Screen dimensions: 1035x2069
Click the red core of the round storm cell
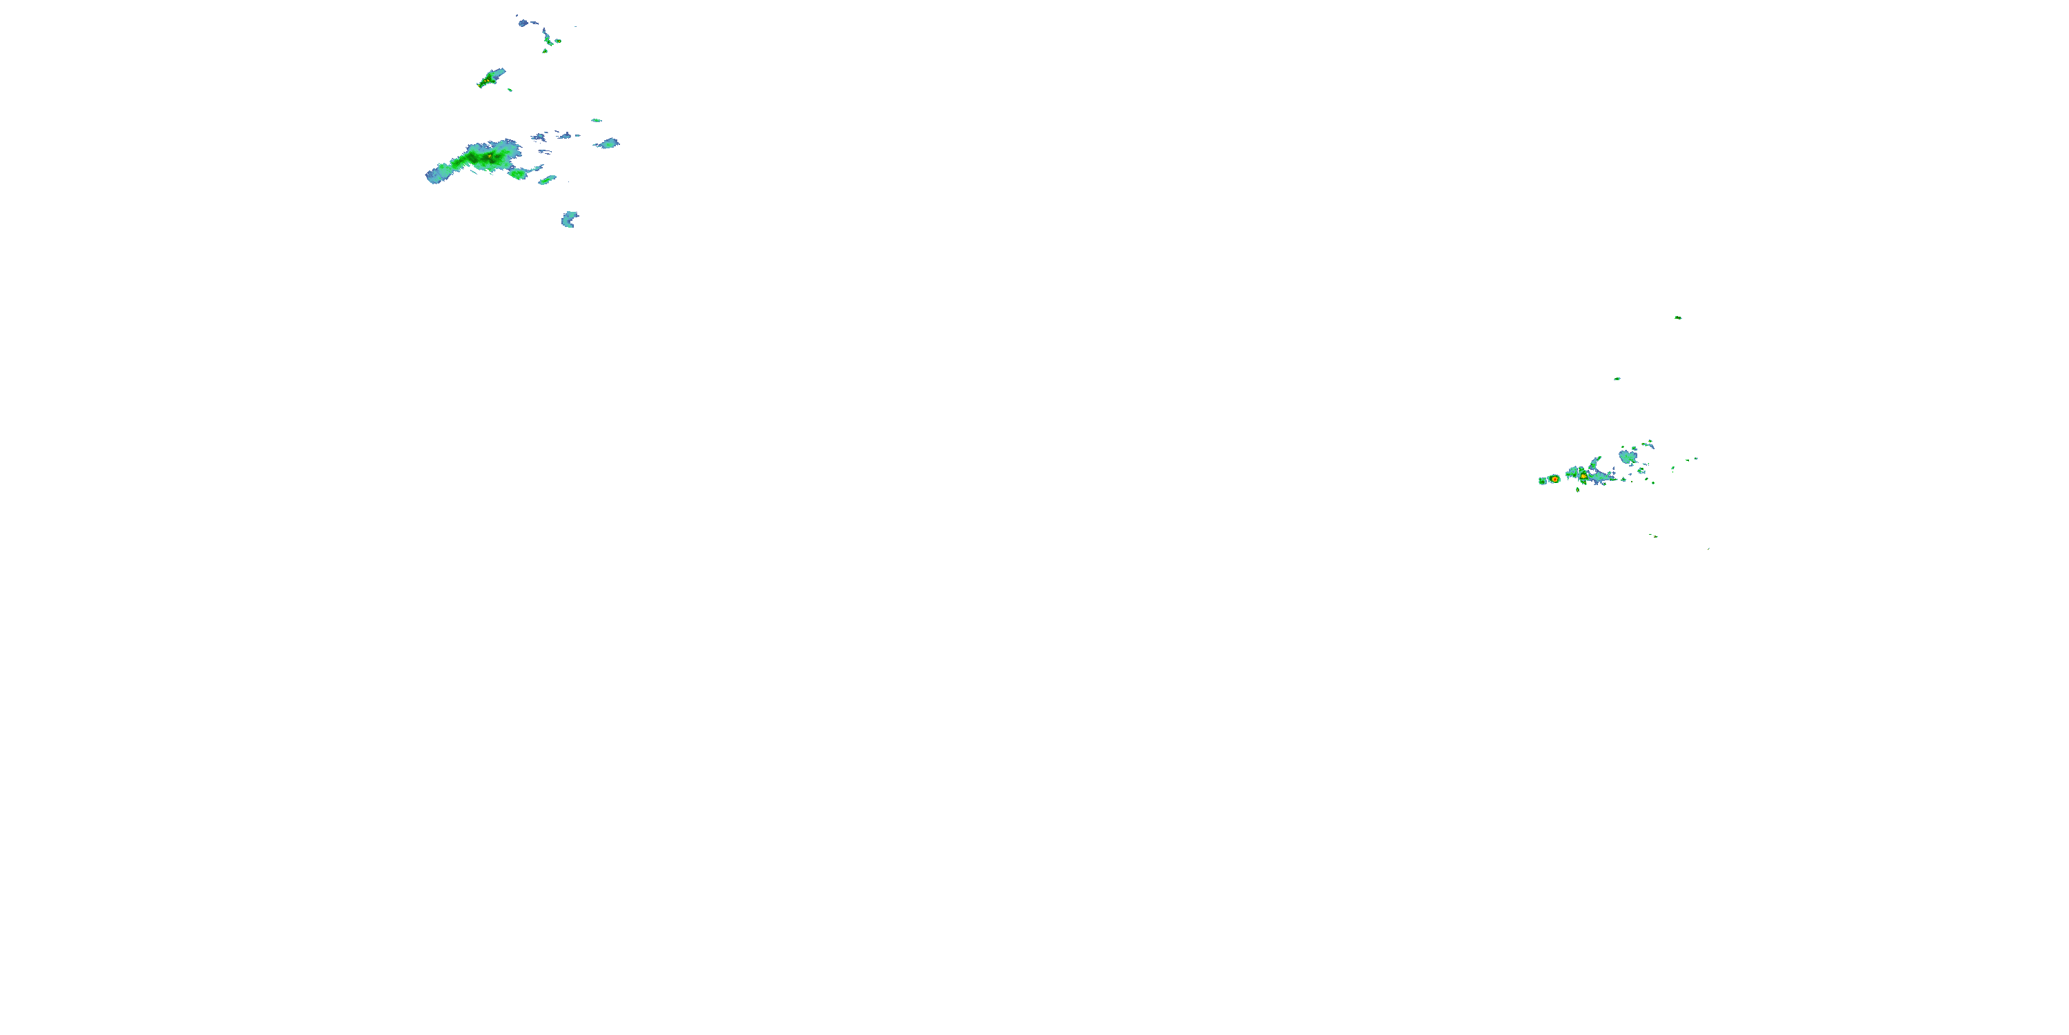point(1554,479)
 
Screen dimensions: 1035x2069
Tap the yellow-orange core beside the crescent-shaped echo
point(1582,475)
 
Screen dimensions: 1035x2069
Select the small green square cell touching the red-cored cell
point(1543,480)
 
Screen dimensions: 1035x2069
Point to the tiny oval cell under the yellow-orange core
point(1577,489)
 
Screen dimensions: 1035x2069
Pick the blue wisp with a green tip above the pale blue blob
point(1648,443)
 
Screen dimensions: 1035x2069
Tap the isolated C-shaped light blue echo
point(569,219)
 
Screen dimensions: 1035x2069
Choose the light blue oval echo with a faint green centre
point(608,144)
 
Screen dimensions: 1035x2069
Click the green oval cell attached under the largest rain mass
point(517,174)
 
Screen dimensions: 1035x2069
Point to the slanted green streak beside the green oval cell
point(547,180)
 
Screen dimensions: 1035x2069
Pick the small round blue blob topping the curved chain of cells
point(523,23)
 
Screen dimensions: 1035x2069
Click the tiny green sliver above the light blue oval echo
point(596,121)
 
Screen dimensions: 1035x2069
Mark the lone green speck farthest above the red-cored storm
point(1678,317)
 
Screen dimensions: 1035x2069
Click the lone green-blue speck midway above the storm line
point(1617,379)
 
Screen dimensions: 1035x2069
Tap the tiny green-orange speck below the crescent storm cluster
point(1653,535)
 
